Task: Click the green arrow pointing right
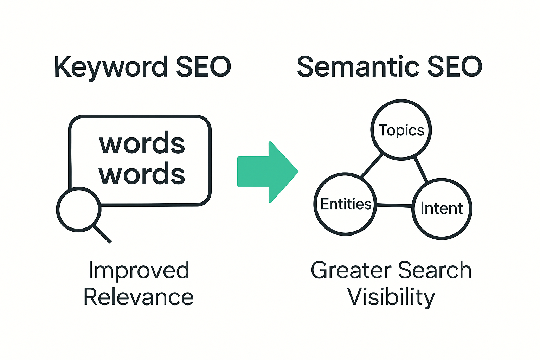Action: click(267, 172)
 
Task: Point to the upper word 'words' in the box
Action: click(142, 144)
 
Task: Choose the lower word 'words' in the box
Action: click(142, 174)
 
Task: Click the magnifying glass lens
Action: click(79, 210)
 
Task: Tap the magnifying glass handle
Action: click(103, 234)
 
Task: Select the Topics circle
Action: click(401, 130)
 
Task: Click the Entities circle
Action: click(346, 204)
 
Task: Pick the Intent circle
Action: click(442, 209)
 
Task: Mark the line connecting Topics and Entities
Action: click(372, 166)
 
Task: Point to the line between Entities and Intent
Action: click(394, 205)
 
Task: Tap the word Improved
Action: click(139, 270)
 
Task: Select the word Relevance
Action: click(139, 297)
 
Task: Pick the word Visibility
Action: click(391, 297)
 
